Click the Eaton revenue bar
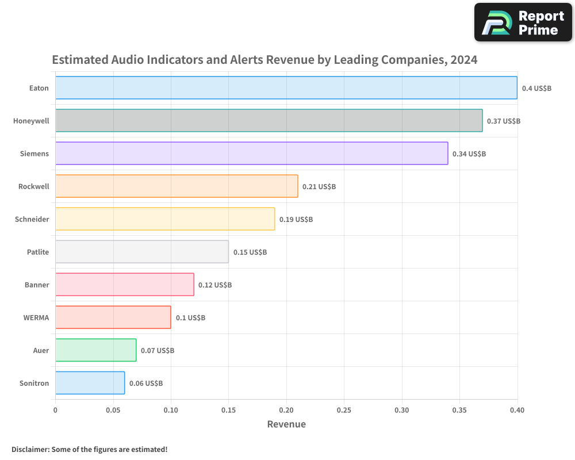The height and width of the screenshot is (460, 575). (286, 87)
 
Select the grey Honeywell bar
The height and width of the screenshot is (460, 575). (269, 120)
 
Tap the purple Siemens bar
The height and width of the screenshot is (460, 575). (252, 154)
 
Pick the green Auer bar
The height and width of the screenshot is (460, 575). (96, 350)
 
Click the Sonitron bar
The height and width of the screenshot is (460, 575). (90, 382)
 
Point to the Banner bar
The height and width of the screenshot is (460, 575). (125, 284)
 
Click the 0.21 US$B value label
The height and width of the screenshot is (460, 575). (319, 186)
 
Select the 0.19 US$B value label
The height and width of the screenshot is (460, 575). (296, 219)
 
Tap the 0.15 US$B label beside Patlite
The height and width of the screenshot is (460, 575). (250, 252)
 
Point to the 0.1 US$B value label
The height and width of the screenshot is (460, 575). (190, 317)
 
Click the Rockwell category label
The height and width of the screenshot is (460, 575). (34, 186)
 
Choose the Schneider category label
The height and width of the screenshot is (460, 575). (32, 219)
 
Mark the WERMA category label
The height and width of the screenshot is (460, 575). (36, 317)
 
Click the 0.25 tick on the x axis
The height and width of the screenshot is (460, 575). (344, 410)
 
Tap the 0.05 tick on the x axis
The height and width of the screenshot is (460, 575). (113, 410)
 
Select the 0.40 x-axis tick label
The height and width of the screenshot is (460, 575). (517, 410)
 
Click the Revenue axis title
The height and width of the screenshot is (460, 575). (286, 424)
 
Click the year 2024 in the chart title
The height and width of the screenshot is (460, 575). (464, 59)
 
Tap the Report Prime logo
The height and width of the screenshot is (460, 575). (523, 22)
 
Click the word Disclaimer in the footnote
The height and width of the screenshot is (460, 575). (30, 449)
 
